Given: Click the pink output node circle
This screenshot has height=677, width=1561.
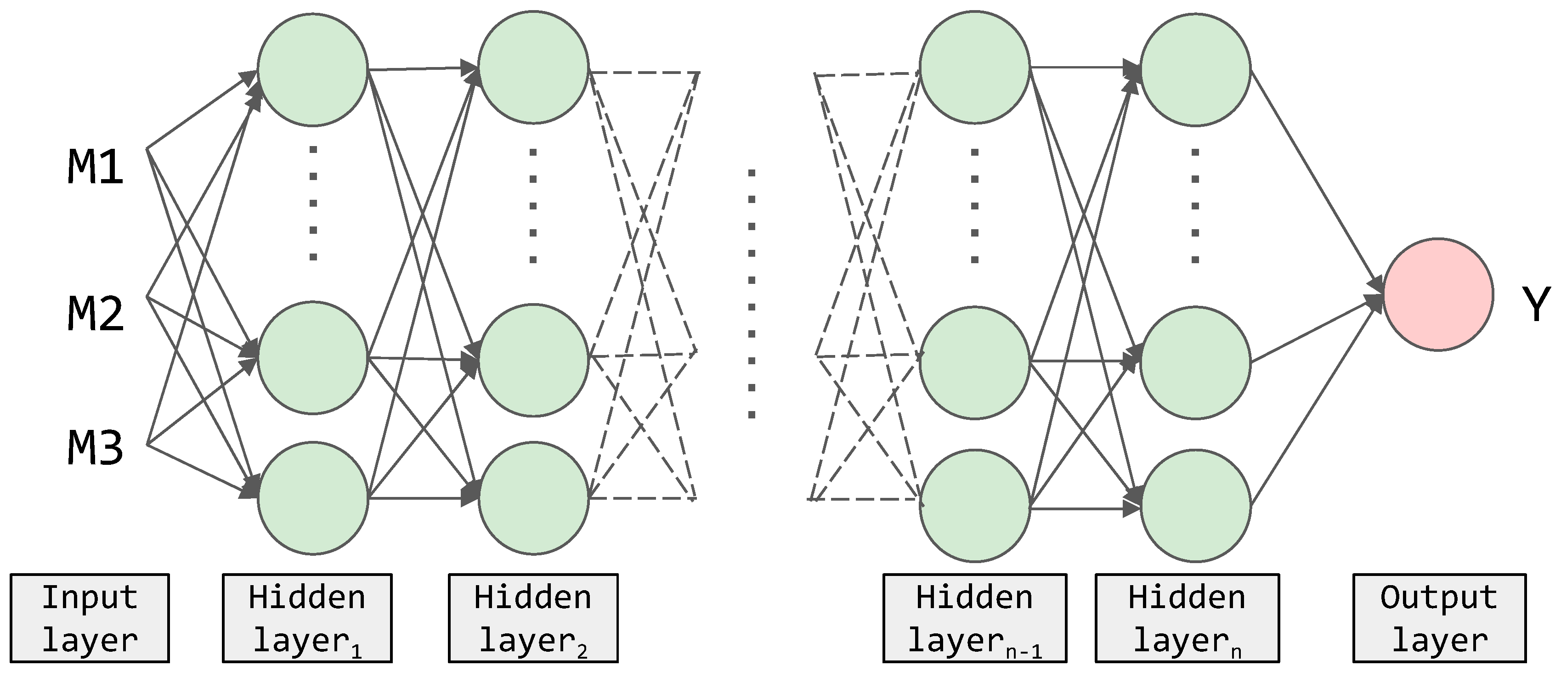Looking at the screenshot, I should (x=1437, y=294).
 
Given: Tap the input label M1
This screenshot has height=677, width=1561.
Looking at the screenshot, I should (x=95, y=167).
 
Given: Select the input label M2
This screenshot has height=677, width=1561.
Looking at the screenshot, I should (x=95, y=314).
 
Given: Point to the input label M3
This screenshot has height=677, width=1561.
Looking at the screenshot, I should (x=95, y=449).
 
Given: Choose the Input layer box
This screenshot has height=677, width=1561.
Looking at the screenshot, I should (x=90, y=618).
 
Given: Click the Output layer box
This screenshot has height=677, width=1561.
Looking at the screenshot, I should (x=1439, y=618).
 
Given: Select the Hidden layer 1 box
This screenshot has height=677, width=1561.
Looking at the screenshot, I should (x=307, y=618).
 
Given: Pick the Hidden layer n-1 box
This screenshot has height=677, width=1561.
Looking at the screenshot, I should (x=974, y=618).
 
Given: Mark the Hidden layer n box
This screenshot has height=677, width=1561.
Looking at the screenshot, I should (x=1187, y=618).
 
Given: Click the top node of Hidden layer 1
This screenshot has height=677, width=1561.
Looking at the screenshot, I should (x=313, y=70).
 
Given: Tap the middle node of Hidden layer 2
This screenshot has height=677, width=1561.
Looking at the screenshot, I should (x=533, y=361).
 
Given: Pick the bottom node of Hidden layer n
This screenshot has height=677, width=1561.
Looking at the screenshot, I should (x=1195, y=506).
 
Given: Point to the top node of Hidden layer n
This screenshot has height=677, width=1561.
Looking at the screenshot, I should (x=1195, y=70).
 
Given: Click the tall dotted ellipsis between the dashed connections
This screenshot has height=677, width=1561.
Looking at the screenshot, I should (x=752, y=294).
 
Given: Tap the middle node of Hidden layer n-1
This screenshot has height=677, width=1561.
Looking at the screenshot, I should (x=974, y=362).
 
